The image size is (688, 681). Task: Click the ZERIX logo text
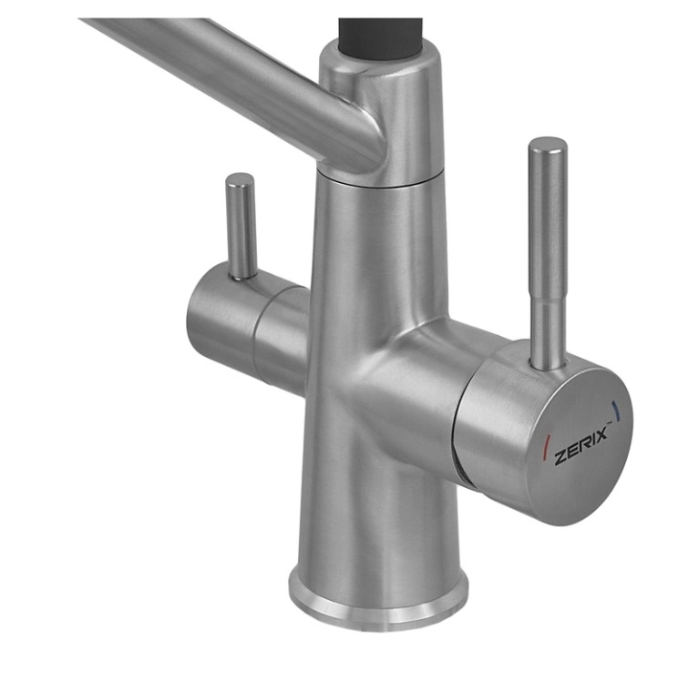[x=581, y=446]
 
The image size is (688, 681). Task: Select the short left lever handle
[x=241, y=226]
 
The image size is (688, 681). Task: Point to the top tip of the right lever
[x=548, y=138]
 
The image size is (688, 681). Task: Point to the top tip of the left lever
[x=240, y=174]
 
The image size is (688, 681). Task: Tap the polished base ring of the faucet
[x=378, y=605]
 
